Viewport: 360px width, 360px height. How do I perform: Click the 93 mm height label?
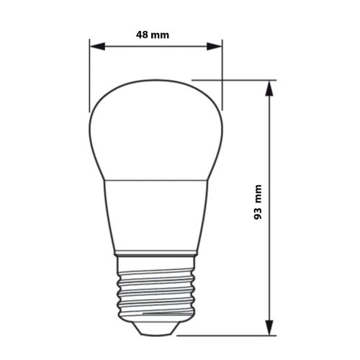coord(258,202)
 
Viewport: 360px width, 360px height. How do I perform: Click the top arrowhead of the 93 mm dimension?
coord(270,87)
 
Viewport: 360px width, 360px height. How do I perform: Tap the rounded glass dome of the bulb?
coord(156,130)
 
